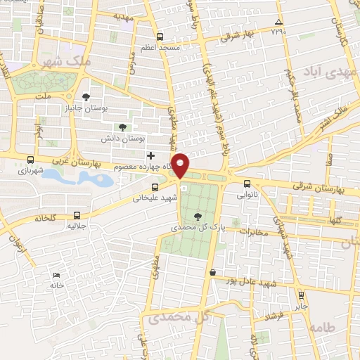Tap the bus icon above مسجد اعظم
(160, 37)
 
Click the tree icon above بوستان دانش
(123, 127)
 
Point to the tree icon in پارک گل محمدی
(196, 217)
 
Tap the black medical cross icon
(150, 155)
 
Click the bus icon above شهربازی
(30, 160)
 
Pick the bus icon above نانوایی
(246, 184)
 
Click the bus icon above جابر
(301, 295)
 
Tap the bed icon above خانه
(57, 276)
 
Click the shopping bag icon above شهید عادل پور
(212, 272)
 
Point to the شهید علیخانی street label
(154, 198)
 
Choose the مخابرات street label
(254, 232)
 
